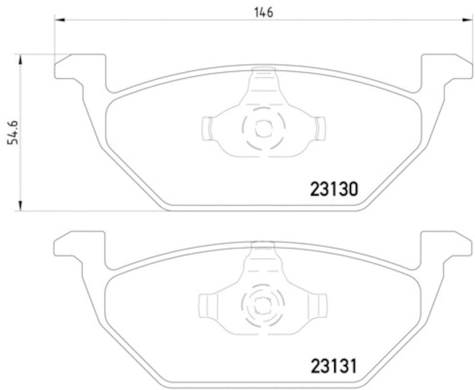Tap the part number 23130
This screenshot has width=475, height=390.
pyautogui.click(x=334, y=190)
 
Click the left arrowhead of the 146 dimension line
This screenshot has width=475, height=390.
pyautogui.click(x=58, y=20)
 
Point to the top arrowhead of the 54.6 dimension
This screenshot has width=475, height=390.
pyautogui.click(x=21, y=58)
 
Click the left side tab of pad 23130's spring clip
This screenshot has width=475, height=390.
pyautogui.click(x=207, y=128)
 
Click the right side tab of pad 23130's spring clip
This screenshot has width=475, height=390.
pyautogui.click(x=321, y=128)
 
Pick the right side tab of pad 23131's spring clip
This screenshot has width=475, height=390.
pyautogui.click(x=321, y=304)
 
